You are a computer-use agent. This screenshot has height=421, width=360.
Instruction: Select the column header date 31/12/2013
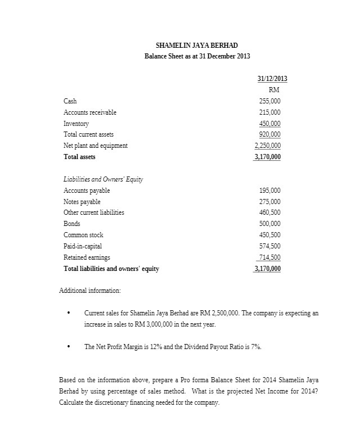point(268,78)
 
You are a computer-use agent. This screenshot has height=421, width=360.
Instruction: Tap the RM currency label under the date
point(274,89)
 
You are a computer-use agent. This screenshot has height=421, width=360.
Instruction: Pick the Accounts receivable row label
point(90,112)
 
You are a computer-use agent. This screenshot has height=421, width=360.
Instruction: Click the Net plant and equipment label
point(96,146)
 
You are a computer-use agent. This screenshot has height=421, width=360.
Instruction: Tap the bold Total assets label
point(79,157)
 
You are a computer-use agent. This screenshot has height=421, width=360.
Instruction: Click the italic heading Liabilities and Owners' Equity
point(103,179)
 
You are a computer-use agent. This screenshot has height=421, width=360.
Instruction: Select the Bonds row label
point(72,224)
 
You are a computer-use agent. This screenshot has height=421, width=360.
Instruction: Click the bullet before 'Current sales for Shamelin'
point(68,313)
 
